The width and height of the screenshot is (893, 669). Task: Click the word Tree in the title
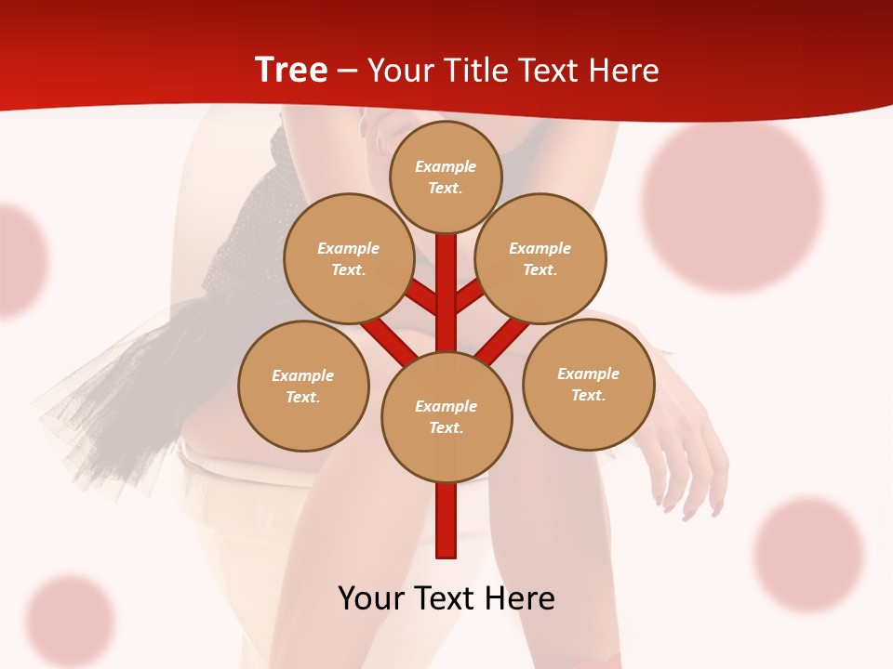[x=291, y=70]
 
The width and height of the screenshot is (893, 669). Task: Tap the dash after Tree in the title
[x=347, y=71]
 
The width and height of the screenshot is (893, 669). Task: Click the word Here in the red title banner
[x=625, y=70]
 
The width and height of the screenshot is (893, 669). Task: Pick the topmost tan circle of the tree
[x=446, y=177]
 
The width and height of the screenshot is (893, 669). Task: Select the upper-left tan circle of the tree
[x=349, y=258]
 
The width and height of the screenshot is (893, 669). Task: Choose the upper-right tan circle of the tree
[x=540, y=258]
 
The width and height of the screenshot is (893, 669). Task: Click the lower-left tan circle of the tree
[x=303, y=386]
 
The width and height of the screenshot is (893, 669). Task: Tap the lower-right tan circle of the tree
[x=589, y=384]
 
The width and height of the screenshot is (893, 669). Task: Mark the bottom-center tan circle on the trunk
[x=446, y=417]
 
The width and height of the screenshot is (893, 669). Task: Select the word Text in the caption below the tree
[x=447, y=597]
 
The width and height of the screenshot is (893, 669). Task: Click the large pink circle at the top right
[x=732, y=204]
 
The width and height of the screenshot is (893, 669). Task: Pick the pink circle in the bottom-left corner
[x=70, y=621]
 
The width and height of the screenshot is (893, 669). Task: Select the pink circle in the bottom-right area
[x=807, y=555]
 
